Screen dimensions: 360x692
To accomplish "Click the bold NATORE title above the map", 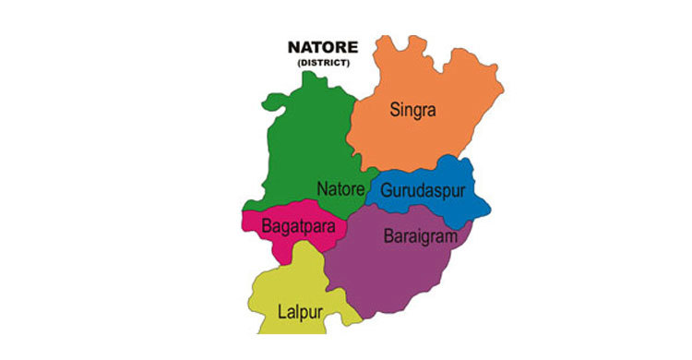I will [x=316, y=48].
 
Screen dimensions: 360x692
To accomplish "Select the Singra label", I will [x=412, y=111].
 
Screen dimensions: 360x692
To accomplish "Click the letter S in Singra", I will [x=393, y=111].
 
